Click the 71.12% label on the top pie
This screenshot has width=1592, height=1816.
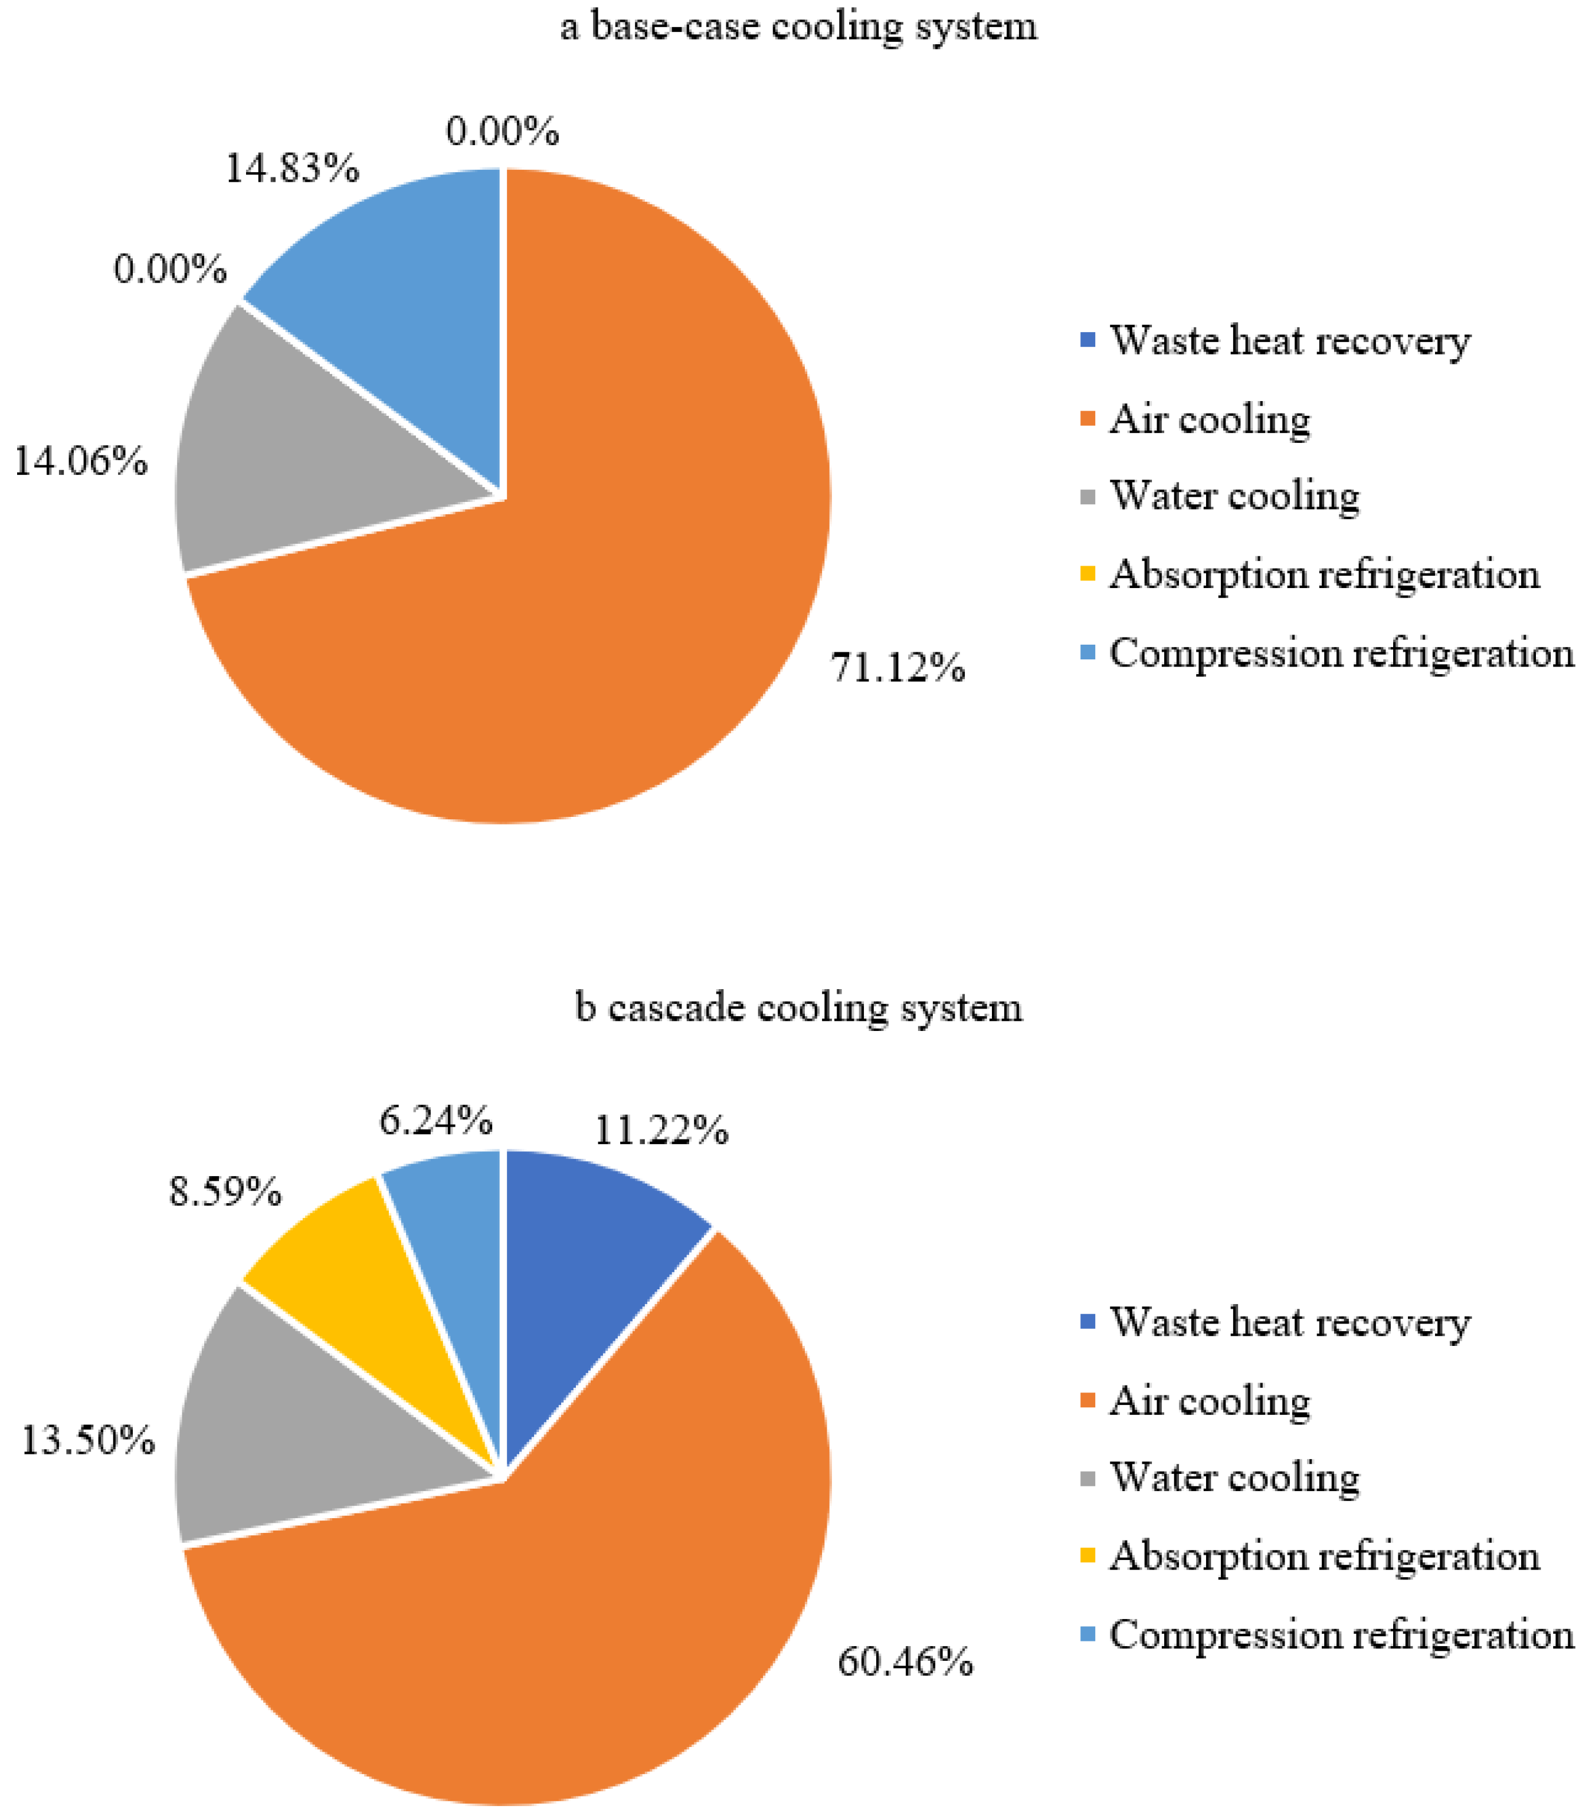pos(897,667)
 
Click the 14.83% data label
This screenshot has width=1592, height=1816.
pos(292,168)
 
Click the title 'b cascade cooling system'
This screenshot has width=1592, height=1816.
pos(798,1007)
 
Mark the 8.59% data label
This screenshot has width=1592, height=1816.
pos(225,1191)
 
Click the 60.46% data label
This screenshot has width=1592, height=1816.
pos(905,1661)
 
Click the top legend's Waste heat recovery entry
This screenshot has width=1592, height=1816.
pos(1288,340)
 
